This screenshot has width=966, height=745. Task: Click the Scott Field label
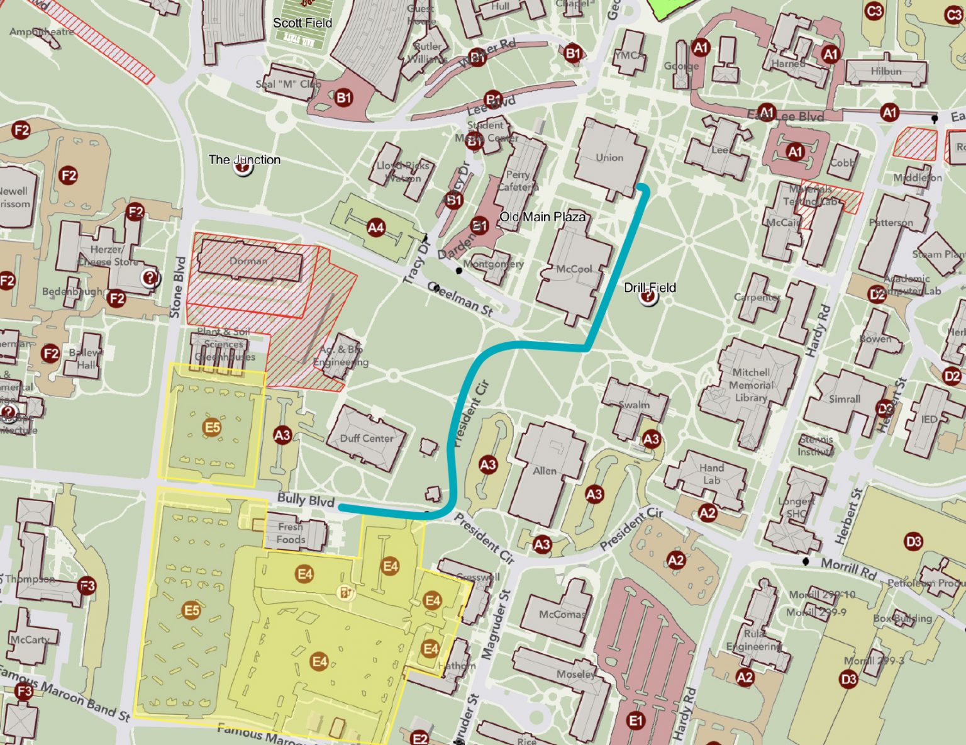302,23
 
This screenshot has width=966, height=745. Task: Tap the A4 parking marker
375,228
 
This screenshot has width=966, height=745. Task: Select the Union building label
609,157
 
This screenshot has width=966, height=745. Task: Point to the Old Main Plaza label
542,217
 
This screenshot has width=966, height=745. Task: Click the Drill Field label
650,288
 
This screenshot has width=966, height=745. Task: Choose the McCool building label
574,269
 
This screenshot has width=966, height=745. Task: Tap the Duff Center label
367,438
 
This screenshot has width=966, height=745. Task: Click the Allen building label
545,471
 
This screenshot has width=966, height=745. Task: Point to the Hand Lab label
711,474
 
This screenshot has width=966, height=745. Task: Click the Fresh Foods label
291,533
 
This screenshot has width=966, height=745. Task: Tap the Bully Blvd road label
306,500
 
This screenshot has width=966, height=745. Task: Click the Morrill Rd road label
848,568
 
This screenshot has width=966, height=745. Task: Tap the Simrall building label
844,399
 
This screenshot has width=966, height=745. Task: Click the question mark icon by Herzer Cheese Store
150,277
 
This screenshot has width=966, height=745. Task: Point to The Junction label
245,160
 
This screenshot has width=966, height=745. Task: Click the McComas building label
562,614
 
